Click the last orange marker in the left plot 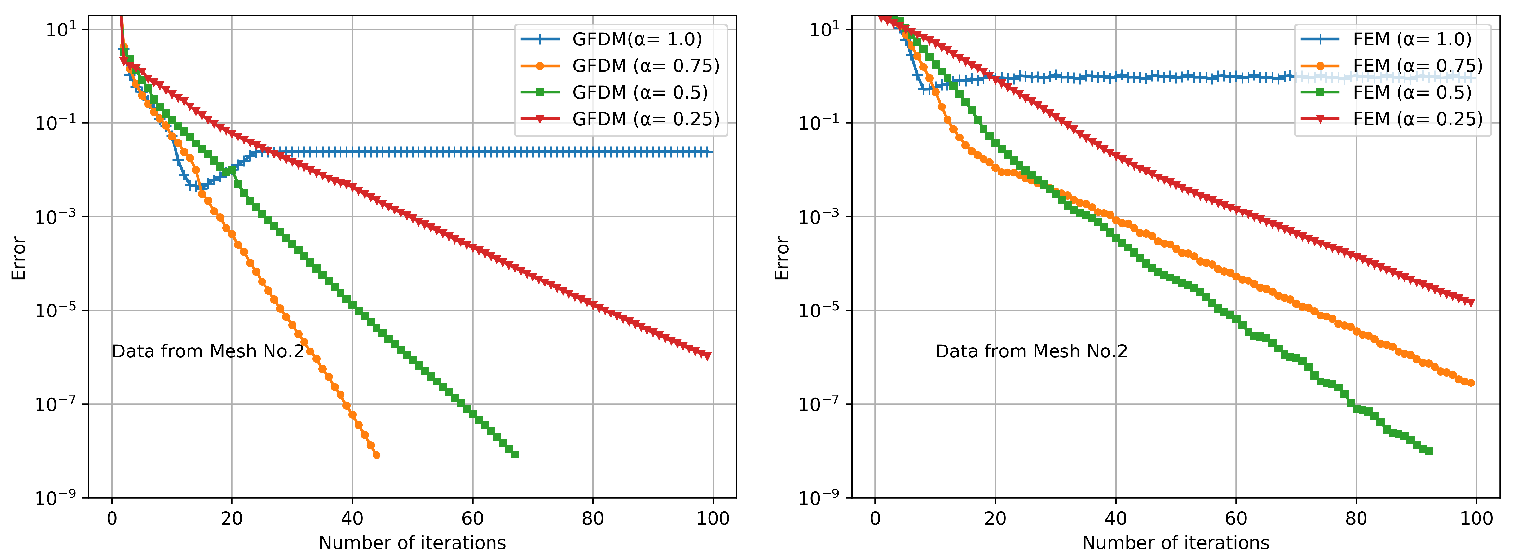click(377, 455)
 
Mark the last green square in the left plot click(515, 454)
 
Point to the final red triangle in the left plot click(707, 356)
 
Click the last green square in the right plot click(1429, 451)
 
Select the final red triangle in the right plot click(1471, 302)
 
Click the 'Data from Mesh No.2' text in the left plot click(208, 351)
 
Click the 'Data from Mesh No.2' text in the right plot click(1031, 351)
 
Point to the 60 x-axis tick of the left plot click(472, 518)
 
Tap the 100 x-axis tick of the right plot click(1476, 518)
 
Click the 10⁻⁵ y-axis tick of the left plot click(56, 310)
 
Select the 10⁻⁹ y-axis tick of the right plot click(819, 498)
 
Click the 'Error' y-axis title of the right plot click(782, 258)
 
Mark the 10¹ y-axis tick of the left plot click(61, 29)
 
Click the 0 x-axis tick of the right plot click(875, 518)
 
